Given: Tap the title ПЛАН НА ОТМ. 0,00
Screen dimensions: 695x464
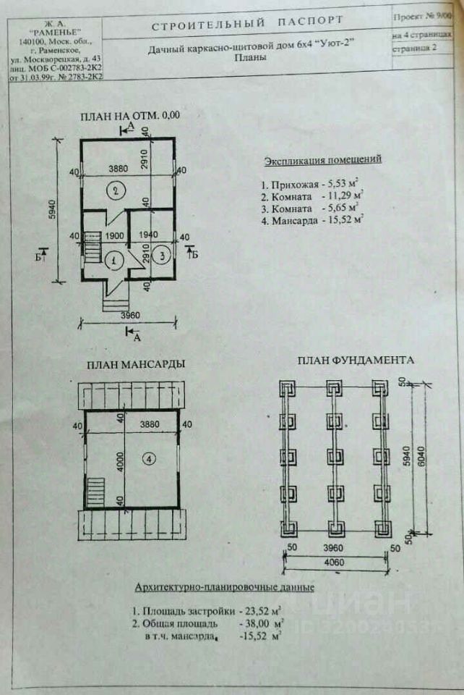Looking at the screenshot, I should click(130, 115).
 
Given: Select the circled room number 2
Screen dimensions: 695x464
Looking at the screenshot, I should click(113, 191).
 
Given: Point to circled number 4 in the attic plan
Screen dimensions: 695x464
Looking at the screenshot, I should click(147, 458).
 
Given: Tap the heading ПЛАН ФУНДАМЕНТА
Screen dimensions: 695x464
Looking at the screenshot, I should click(356, 360).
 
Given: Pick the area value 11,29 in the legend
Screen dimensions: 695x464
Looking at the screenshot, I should click(347, 196).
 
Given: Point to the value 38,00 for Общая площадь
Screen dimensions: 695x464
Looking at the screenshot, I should click(258, 622).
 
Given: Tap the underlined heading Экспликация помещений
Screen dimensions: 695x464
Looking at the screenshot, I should click(323, 159).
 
